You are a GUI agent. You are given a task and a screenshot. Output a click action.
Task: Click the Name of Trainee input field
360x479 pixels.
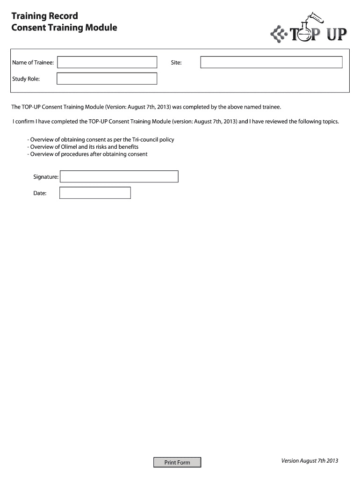click(x=107, y=62)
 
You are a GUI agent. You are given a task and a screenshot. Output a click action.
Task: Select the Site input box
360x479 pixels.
click(x=271, y=62)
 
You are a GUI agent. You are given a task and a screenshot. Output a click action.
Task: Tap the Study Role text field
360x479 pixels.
click(x=107, y=79)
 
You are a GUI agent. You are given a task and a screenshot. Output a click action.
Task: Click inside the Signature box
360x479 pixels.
click(x=119, y=176)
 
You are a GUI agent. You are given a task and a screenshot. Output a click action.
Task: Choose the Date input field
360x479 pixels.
click(x=95, y=193)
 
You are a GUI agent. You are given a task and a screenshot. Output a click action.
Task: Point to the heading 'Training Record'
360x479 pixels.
click(x=44, y=16)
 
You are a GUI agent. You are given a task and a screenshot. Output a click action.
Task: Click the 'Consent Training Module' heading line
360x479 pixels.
click(x=64, y=28)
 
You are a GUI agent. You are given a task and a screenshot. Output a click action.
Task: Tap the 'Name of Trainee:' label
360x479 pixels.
click(x=33, y=62)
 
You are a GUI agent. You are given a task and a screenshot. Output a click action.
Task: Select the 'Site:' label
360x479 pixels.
click(x=176, y=62)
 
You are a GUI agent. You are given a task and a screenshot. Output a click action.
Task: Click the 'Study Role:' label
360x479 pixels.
click(x=26, y=79)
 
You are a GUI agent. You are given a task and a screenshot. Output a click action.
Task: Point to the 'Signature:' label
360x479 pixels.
click(x=45, y=177)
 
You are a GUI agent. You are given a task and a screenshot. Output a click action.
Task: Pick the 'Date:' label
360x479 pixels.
click(x=40, y=193)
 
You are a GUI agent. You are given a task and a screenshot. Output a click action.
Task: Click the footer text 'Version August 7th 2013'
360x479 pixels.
click(x=310, y=461)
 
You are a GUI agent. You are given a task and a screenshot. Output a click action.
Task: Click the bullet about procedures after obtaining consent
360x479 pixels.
click(x=87, y=154)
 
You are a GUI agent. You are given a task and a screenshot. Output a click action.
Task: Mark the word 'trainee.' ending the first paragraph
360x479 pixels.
click(x=271, y=107)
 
